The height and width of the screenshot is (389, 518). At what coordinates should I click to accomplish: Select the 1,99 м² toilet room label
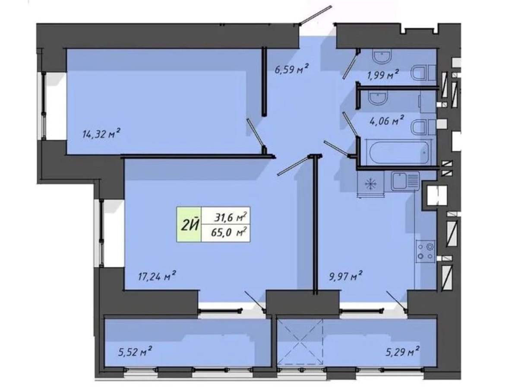382,75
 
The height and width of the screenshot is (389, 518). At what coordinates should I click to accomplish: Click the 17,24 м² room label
157,276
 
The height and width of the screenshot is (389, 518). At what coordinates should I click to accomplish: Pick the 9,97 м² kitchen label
345,276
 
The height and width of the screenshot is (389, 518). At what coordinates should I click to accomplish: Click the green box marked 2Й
189,224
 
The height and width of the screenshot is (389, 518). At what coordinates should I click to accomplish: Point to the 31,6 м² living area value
231,217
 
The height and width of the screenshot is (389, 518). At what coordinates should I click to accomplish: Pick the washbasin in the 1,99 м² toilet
382,57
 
